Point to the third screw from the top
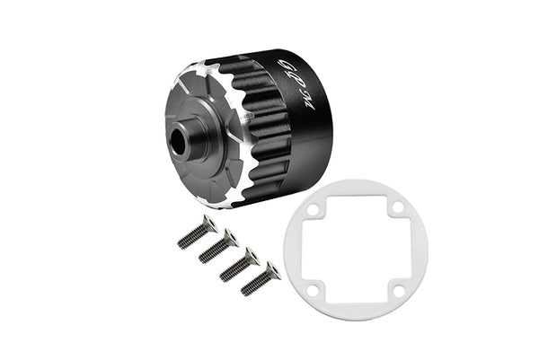240,263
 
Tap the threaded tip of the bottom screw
246,290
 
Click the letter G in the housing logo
287,66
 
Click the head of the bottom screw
270,270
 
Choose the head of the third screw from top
252,255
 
